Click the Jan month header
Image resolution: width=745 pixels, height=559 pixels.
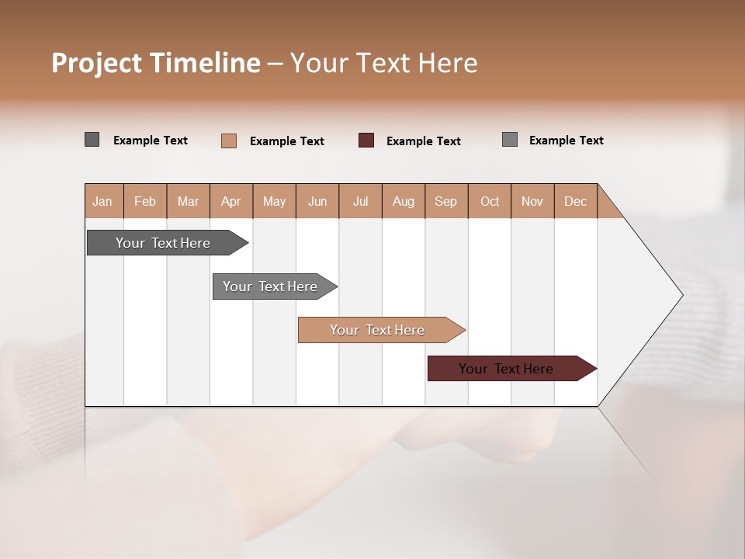[103, 201]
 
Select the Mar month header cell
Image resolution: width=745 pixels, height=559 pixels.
[188, 201]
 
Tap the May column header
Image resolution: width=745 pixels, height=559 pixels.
[274, 201]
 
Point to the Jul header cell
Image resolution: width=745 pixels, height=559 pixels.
[360, 201]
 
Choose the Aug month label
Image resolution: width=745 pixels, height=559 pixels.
[403, 201]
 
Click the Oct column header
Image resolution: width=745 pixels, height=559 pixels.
[490, 201]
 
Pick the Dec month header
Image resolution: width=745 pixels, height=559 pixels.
[575, 201]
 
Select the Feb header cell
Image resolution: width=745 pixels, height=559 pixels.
[145, 201]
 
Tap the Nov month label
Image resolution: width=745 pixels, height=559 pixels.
[532, 201]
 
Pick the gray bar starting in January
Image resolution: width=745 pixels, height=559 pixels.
[163, 243]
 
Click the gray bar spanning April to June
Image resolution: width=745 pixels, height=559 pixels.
[271, 286]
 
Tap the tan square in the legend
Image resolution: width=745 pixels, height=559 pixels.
[229, 141]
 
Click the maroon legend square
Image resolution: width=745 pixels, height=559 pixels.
[366, 141]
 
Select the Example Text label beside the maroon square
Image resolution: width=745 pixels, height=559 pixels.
[424, 141]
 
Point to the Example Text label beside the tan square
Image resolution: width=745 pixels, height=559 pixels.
[287, 141]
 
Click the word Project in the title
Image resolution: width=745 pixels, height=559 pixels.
[96, 63]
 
